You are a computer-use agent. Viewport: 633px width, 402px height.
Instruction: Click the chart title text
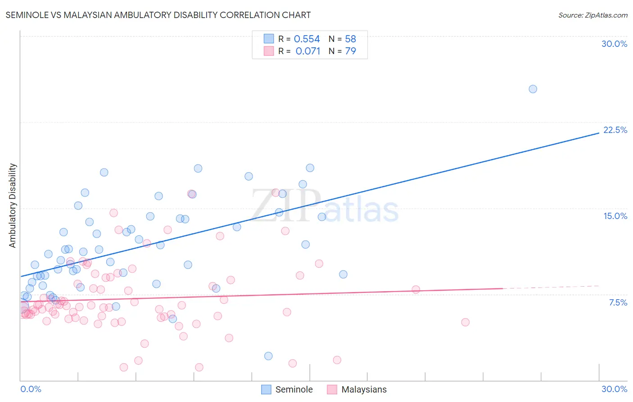tap(158, 15)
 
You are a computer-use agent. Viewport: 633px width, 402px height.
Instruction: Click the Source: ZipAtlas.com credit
tap(592, 15)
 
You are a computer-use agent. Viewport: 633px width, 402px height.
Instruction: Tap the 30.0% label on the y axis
tap(614, 44)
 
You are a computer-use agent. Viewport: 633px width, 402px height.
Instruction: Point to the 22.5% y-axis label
tap(615, 130)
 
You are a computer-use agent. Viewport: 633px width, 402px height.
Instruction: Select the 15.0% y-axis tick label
tap(615, 216)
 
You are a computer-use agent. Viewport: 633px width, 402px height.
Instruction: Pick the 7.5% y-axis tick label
tap(618, 302)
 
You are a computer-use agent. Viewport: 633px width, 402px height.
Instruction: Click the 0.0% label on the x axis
tap(31, 389)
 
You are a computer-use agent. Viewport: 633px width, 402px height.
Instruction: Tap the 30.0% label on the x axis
tap(614, 389)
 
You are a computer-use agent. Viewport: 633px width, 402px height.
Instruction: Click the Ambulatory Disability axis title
tap(13, 206)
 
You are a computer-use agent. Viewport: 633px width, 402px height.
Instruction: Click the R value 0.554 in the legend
tap(307, 39)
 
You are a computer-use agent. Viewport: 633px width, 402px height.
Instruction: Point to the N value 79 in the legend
tap(350, 51)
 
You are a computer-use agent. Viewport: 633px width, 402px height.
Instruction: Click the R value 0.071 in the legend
tap(308, 51)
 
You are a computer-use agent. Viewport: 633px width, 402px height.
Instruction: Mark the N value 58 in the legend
tap(350, 39)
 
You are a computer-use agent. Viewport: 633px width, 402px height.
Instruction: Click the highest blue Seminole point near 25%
tap(533, 89)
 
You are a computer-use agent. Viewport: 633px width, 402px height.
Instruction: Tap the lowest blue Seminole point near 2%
tap(268, 356)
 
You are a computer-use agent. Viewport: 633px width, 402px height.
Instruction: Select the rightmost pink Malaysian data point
tap(465, 322)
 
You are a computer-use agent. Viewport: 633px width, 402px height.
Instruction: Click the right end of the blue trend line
tap(598, 133)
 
